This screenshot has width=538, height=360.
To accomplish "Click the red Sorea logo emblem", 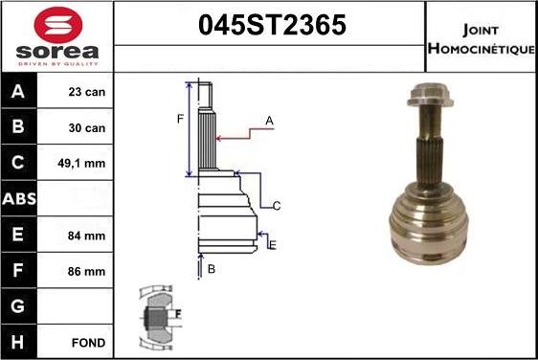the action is pyautogui.click(x=58, y=25).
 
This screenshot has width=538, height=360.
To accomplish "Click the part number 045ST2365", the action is pyautogui.click(x=272, y=25).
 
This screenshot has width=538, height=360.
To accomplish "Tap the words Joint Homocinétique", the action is pyautogui.click(x=482, y=39).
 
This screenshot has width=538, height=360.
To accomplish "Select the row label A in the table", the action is pyautogui.click(x=18, y=91).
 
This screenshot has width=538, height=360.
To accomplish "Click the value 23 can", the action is pyautogui.click(x=87, y=92).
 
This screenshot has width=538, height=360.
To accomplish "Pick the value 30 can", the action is pyautogui.click(x=87, y=128).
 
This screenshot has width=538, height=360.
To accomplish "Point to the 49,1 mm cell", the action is pyautogui.click(x=81, y=164).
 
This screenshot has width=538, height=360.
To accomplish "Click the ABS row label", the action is pyautogui.click(x=19, y=199).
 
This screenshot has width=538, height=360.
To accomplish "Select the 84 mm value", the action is pyautogui.click(x=86, y=236).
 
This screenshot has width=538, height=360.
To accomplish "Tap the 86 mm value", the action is pyautogui.click(x=86, y=272).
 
